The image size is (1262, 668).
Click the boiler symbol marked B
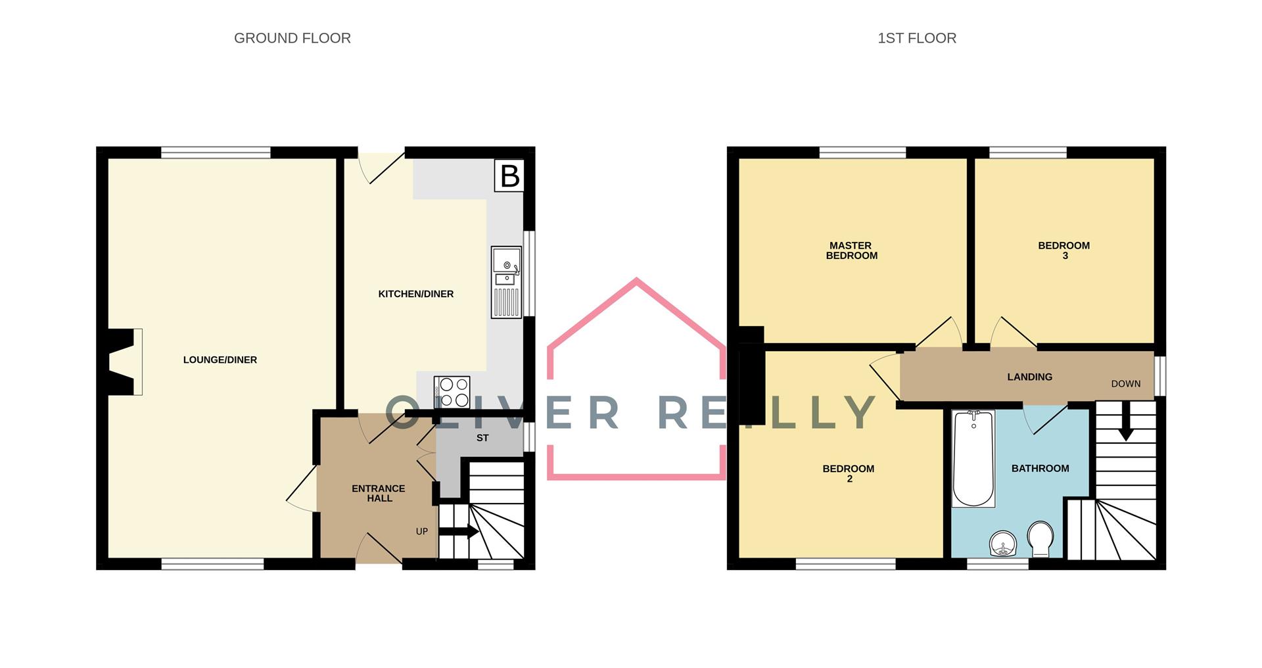point(509,176)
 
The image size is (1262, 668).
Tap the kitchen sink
point(506,283)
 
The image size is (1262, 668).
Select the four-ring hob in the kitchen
point(452,392)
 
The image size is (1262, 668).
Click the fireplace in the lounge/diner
point(122,362)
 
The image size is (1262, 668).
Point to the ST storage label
point(482,438)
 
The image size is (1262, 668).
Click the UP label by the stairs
point(422,531)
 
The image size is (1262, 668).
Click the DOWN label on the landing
point(1126,384)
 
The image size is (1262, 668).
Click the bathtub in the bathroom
point(973,458)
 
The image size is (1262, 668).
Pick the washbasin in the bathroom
point(1003,544)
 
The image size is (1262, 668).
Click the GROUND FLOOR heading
point(292,38)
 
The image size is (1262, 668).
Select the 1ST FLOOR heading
point(917,38)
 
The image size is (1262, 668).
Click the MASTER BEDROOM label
point(851,251)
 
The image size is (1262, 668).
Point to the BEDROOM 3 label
point(1064,251)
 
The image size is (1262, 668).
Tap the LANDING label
point(1030,377)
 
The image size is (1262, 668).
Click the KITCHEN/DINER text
point(416,294)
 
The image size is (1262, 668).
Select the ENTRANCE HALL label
point(379,493)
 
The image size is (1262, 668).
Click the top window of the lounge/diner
point(216,153)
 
